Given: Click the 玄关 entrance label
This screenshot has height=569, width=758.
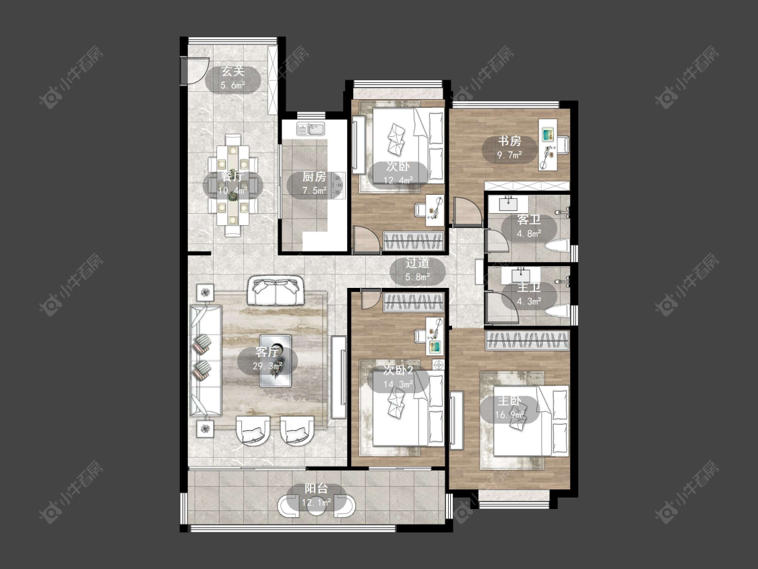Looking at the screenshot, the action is pos(232,71).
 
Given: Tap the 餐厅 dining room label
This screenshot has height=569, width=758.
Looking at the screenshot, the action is pos(232,176).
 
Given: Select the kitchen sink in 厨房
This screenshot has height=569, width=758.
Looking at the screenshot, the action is pos(311,129).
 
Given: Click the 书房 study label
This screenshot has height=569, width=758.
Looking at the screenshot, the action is pos(509,142).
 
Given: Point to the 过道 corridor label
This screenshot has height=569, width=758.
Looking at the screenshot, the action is pos(417,263).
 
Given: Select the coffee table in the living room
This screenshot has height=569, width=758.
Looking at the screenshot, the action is pos(276,361).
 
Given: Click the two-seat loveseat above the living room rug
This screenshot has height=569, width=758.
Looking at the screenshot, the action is pos(276,291).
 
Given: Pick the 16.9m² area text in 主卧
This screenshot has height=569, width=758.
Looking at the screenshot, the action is pos(509,415).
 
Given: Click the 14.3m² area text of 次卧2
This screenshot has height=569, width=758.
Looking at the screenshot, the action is pos(398,385).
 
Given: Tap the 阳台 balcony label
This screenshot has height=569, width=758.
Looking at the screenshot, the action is pos(316,489).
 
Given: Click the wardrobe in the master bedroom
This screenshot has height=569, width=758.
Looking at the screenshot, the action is pos(528,340).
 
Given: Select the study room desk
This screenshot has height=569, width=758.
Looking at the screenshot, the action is pos(548,144).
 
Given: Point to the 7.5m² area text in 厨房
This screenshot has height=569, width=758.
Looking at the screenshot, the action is pos(314,191).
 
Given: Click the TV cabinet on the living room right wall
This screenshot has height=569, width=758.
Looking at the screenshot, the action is pos(338,377).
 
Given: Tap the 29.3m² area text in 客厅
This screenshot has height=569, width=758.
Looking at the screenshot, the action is pos(267,366).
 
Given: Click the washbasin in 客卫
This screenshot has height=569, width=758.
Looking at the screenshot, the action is pos(507,204).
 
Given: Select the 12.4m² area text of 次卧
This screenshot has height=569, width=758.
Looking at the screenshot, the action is pos(398,181).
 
